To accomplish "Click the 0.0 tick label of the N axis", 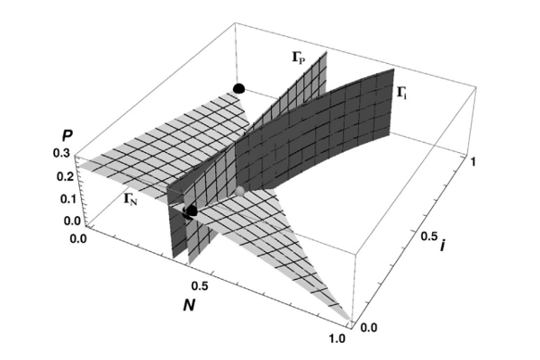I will coord(78,239).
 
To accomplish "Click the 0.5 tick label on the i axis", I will coord(430,237).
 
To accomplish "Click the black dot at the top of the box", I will coord(238,87).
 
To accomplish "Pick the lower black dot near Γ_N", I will coord(190,212).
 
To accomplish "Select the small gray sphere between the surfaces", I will coord(239,191).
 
